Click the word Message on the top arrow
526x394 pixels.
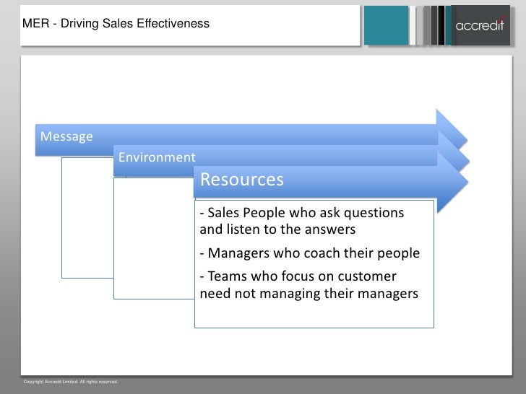point(66,136)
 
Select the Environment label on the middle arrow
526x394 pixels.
point(156,157)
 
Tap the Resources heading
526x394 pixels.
point(241,180)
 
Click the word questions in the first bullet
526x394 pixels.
point(375,214)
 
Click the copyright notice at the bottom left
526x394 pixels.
point(70,381)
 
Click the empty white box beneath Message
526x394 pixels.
point(87,216)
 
